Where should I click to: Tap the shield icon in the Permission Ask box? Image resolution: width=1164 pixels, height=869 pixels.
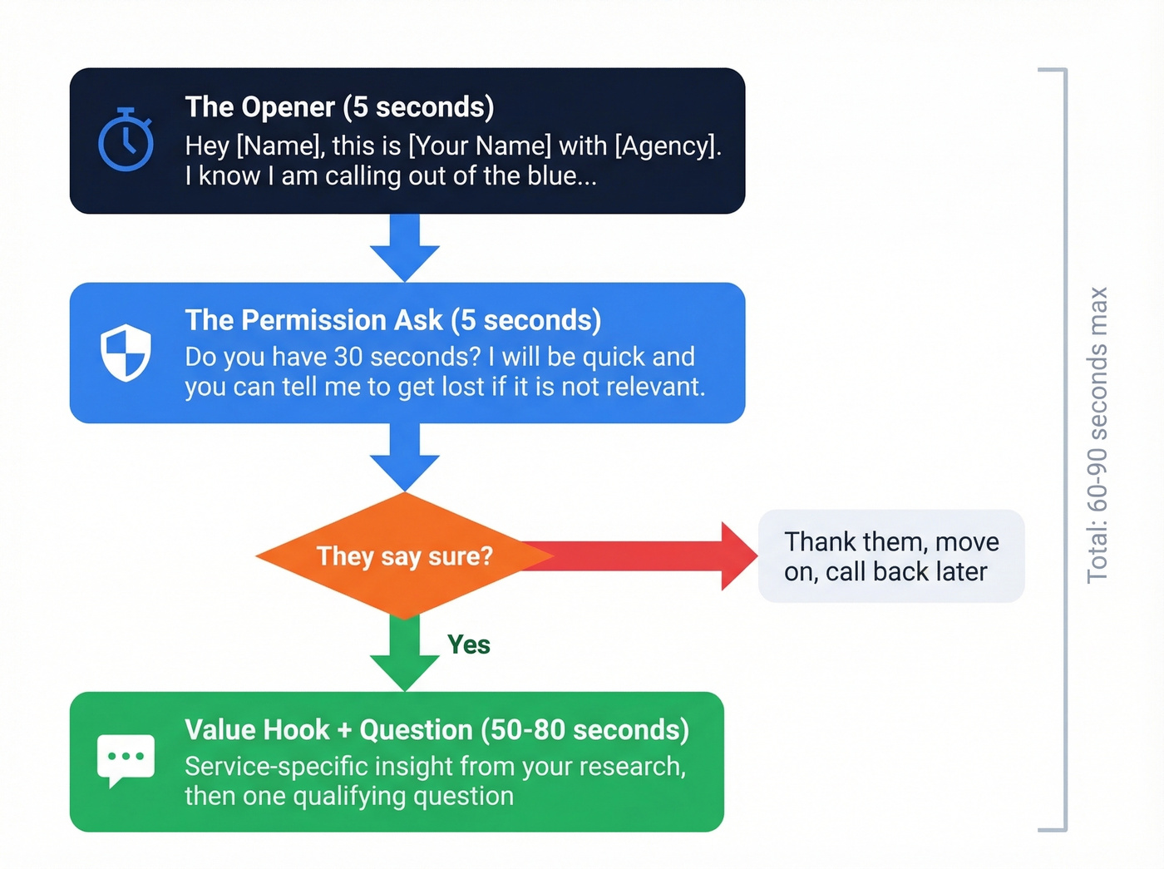pos(126,353)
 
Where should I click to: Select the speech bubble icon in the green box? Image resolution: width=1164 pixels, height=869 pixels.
pos(126,759)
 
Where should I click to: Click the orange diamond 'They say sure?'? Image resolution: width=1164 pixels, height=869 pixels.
pos(404,555)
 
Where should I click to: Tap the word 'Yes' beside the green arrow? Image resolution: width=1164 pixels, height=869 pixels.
pos(469,644)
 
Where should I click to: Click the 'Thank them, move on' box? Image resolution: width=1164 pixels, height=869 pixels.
pos(890,556)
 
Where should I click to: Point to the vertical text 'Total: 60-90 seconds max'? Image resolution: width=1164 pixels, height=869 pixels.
pos(1097,435)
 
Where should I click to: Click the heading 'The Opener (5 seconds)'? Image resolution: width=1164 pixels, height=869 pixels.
pos(339,107)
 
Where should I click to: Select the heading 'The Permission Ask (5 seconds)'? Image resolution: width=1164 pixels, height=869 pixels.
pos(392,320)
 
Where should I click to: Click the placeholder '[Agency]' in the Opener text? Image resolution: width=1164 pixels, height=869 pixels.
pos(666,146)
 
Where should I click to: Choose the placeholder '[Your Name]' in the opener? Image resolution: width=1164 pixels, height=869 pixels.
pos(480,146)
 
